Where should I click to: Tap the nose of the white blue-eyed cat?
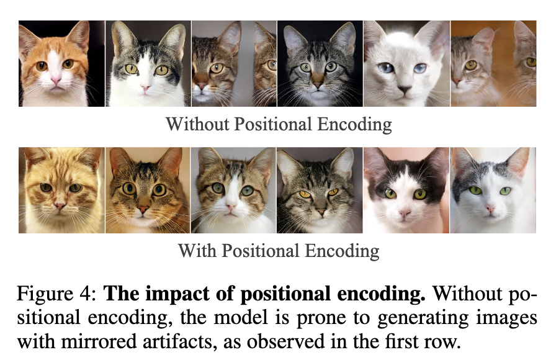(404, 90)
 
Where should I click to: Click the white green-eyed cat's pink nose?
(490, 210)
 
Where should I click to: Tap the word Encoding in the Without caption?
(356, 124)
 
